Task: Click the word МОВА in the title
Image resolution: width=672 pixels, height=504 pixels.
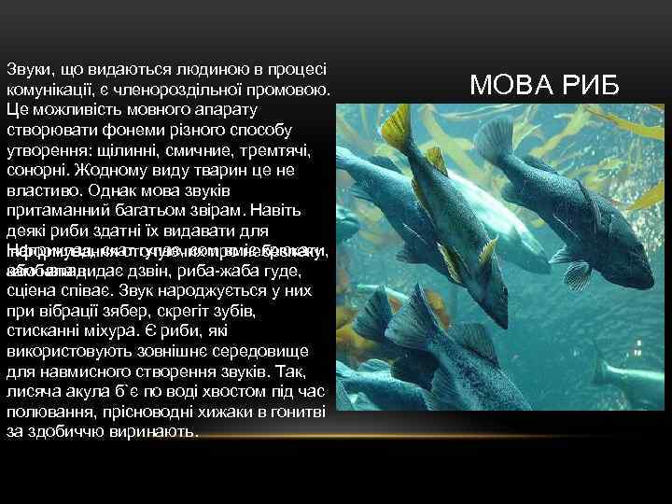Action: pyautogui.click(x=510, y=85)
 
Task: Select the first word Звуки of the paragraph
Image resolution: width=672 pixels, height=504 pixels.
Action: pyautogui.click(x=27, y=70)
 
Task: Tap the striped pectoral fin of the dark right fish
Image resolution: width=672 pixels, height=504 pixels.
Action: pyautogui.click(x=577, y=274)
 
